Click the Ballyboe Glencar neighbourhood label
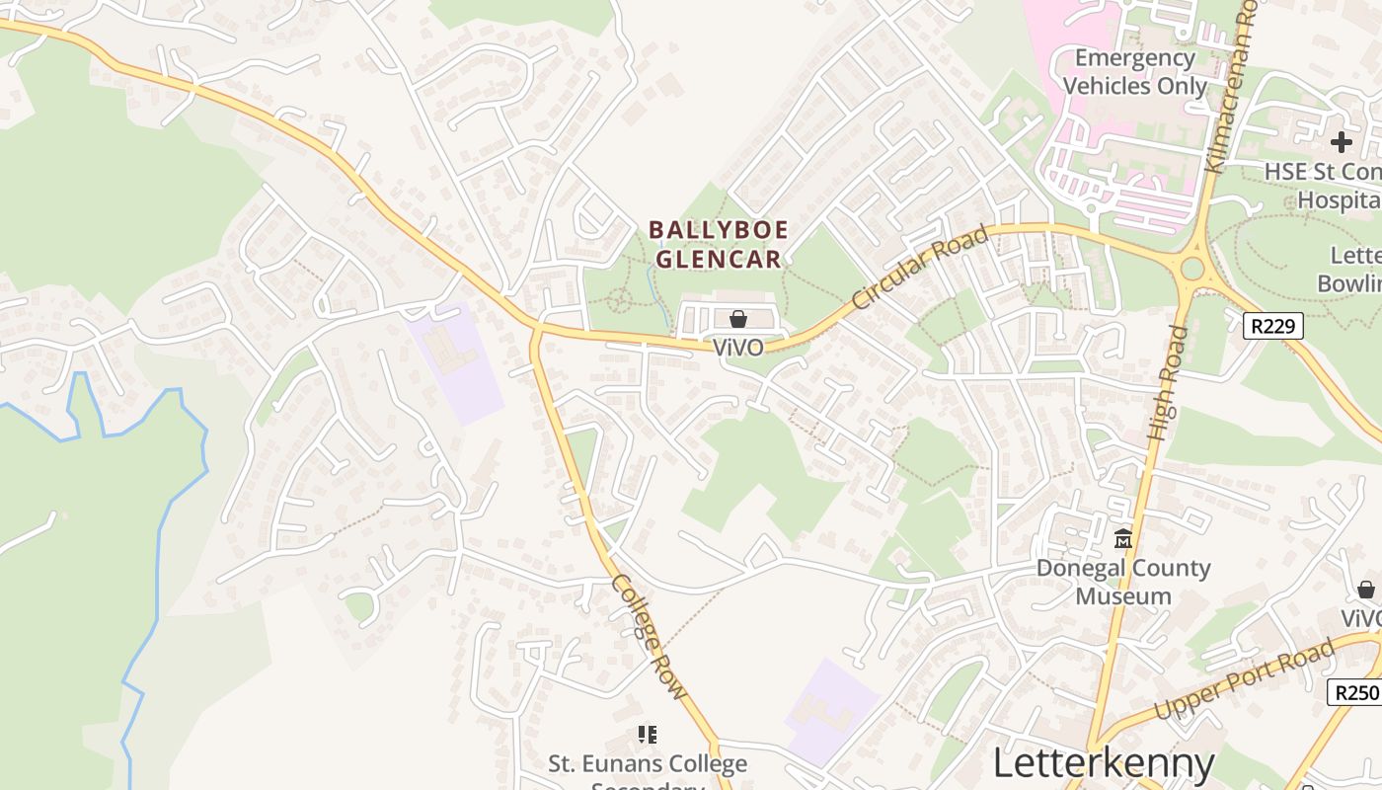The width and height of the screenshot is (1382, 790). (x=718, y=245)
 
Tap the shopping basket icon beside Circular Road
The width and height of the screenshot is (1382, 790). (x=737, y=318)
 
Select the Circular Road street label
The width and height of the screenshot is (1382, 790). (x=920, y=268)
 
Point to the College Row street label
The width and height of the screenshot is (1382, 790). (x=649, y=637)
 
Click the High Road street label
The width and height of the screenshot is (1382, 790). (x=1168, y=382)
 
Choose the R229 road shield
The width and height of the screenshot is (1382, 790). (x=1273, y=326)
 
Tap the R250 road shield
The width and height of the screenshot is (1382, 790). (x=1353, y=692)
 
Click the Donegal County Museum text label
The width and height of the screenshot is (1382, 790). (x=1123, y=582)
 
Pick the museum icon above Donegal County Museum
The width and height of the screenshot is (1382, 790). (x=1122, y=539)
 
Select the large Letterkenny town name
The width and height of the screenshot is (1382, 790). (x=1103, y=763)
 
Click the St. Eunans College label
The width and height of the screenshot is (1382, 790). (x=648, y=764)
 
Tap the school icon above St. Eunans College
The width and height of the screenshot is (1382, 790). (x=648, y=734)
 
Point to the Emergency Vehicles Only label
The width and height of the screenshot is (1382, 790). (x=1134, y=72)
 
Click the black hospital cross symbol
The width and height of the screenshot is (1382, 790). (x=1341, y=142)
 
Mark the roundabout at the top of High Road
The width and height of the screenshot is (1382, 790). (x=1192, y=268)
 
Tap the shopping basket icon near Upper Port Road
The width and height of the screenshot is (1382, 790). (x=1365, y=590)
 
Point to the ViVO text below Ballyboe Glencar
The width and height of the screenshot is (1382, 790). (x=737, y=348)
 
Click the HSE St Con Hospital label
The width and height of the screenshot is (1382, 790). (x=1323, y=186)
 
